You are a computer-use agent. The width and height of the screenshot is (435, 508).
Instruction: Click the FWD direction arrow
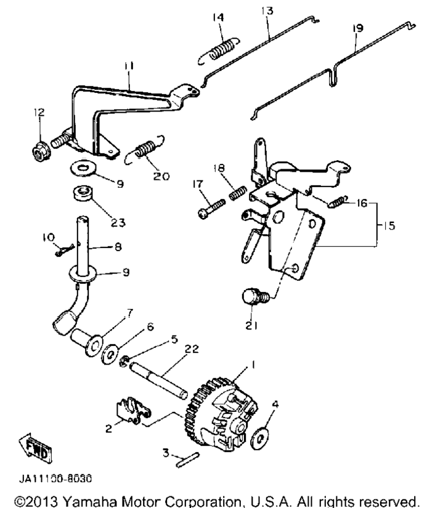[x=35, y=448]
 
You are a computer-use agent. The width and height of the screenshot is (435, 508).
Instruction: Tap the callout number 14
[x=218, y=17]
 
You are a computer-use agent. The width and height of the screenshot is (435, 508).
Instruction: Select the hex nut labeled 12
[x=41, y=151]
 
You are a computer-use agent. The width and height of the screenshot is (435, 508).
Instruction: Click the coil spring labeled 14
[x=219, y=50]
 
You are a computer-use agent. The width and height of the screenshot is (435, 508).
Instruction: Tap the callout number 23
[x=118, y=222]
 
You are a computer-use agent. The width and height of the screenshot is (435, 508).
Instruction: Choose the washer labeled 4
[x=260, y=439]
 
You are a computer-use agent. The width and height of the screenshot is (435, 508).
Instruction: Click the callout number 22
[x=191, y=349]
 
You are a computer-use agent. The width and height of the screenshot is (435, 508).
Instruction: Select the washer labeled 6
[x=110, y=354]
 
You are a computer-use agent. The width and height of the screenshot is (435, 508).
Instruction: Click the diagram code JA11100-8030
[x=55, y=478]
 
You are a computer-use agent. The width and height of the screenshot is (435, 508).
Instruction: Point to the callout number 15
[x=389, y=225]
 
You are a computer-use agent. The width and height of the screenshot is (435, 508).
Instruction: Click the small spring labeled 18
[x=238, y=193]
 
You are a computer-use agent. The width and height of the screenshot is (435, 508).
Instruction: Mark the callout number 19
[x=357, y=28]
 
